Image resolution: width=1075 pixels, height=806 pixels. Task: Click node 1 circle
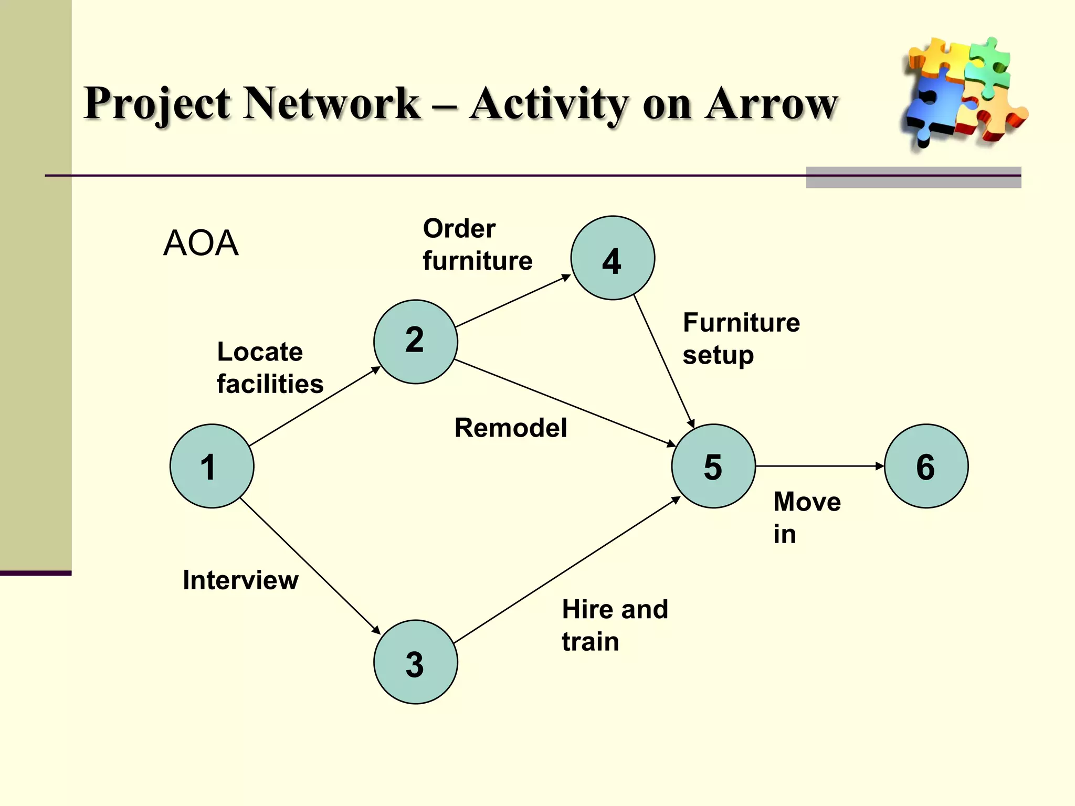tap(212, 466)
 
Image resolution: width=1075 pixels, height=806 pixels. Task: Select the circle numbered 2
tap(415, 342)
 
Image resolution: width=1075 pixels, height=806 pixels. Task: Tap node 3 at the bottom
tap(415, 662)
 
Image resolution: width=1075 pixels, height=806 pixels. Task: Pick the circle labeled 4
tap(613, 258)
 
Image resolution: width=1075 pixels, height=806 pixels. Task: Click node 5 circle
tap(713, 466)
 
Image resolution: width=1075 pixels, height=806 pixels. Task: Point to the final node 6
tap(926, 466)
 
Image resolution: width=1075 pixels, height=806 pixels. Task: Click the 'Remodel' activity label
tap(510, 428)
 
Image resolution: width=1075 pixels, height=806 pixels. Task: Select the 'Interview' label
tap(240, 580)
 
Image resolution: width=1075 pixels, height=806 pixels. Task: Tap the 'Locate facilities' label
tap(270, 368)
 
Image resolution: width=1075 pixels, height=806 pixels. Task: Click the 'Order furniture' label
tap(477, 245)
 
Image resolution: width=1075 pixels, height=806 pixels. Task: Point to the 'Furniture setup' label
tap(741, 338)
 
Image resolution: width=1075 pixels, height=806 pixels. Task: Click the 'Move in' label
tap(806, 517)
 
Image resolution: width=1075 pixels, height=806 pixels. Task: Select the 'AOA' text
tap(201, 243)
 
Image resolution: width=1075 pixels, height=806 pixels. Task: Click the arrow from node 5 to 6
tap(819, 466)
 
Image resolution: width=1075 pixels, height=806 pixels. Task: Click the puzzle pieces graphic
tap(964, 92)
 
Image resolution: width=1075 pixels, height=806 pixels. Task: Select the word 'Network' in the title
tap(332, 103)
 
